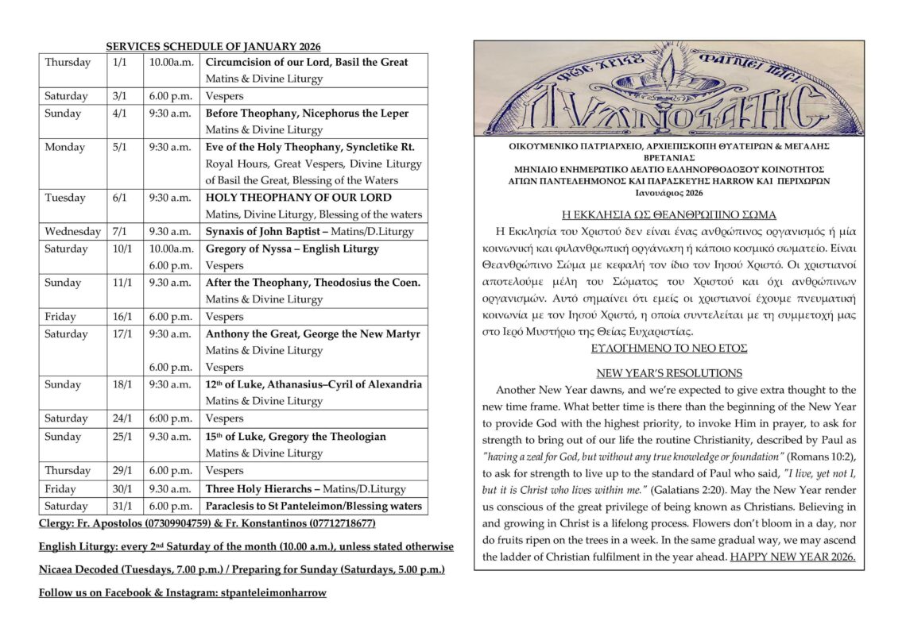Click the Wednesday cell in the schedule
point(73,232)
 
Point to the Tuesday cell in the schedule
point(65,198)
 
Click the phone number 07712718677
point(336,525)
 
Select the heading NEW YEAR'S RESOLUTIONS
point(669,373)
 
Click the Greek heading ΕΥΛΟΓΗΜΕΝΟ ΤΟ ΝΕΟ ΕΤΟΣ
point(669,348)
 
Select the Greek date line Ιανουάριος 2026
point(669,193)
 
